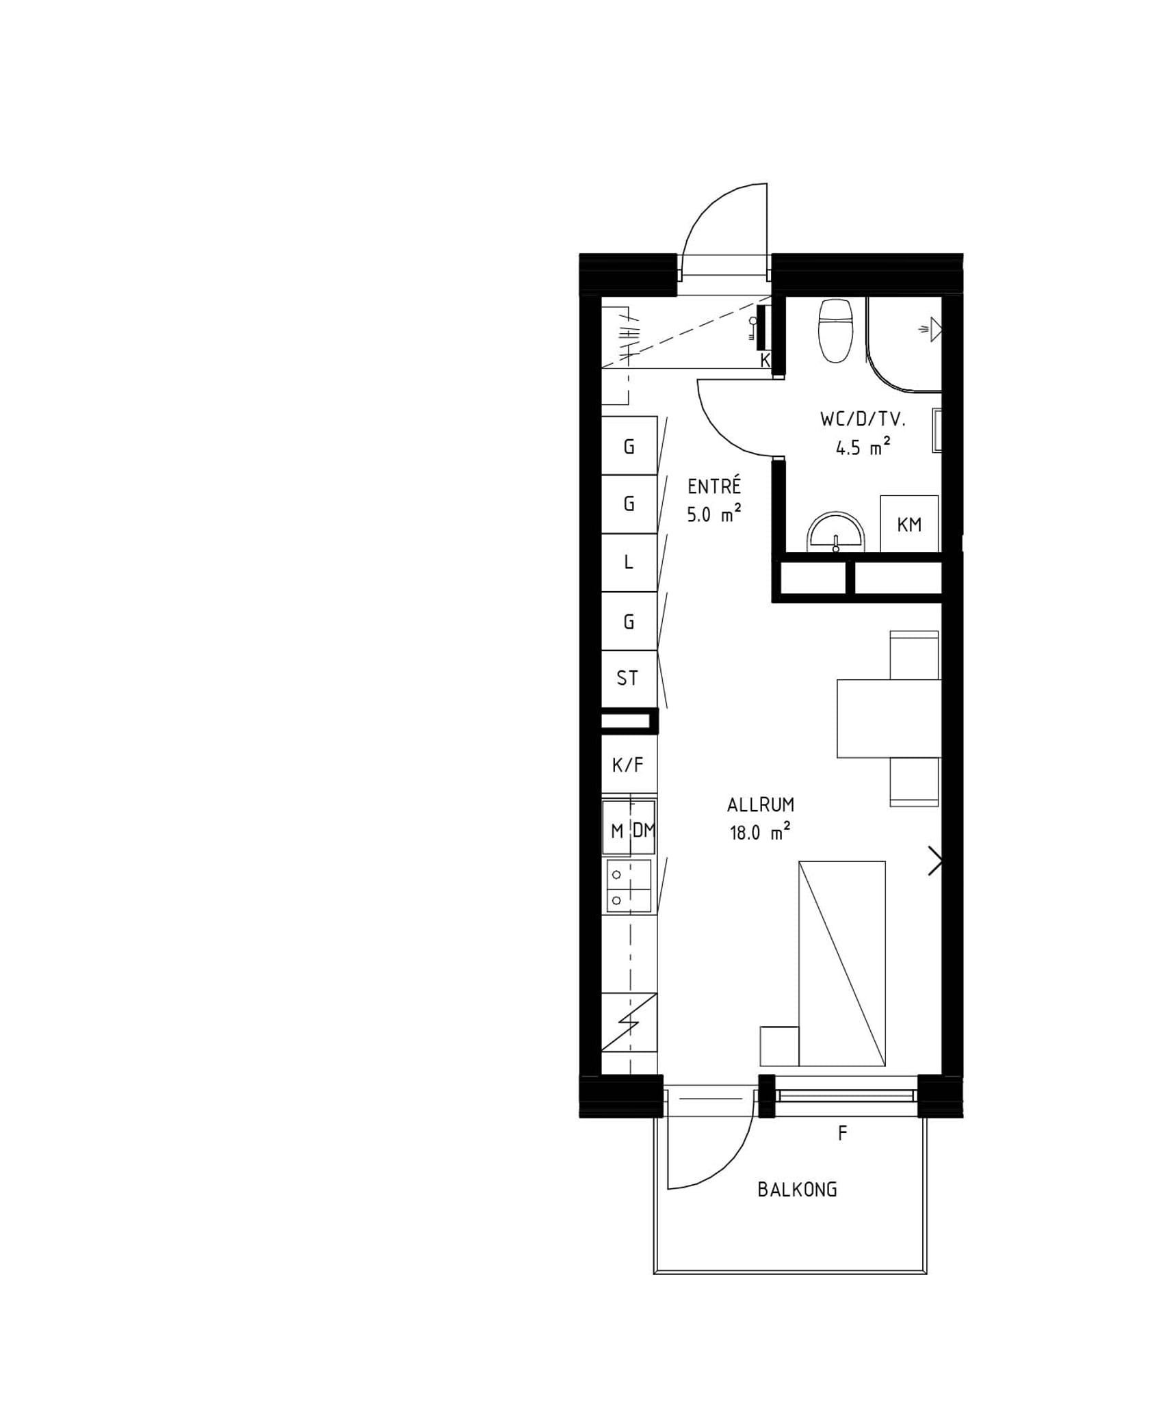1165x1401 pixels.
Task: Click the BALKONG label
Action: click(x=797, y=1190)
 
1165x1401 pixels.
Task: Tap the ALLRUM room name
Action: click(x=760, y=804)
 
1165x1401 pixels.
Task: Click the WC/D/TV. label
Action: click(x=863, y=419)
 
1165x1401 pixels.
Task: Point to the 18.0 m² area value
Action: click(x=760, y=833)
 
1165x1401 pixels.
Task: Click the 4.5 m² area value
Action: click(x=863, y=447)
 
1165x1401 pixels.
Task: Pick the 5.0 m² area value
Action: click(x=714, y=514)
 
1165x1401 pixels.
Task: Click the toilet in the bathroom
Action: click(x=835, y=330)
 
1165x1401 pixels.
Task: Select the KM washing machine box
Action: click(x=908, y=524)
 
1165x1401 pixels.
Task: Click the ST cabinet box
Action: click(x=629, y=679)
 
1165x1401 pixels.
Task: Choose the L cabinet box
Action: click(x=629, y=562)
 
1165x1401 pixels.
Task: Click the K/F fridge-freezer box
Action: click(x=629, y=764)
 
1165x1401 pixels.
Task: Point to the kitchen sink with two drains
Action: click(x=629, y=887)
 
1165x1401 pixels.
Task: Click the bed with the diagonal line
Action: click(x=841, y=964)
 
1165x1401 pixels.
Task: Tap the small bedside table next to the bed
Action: click(x=779, y=1046)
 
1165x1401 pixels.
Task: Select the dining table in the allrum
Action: click(x=889, y=718)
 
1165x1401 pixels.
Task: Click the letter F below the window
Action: click(x=842, y=1134)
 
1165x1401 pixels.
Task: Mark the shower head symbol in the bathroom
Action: click(x=932, y=330)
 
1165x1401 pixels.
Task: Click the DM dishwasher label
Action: click(x=643, y=830)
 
